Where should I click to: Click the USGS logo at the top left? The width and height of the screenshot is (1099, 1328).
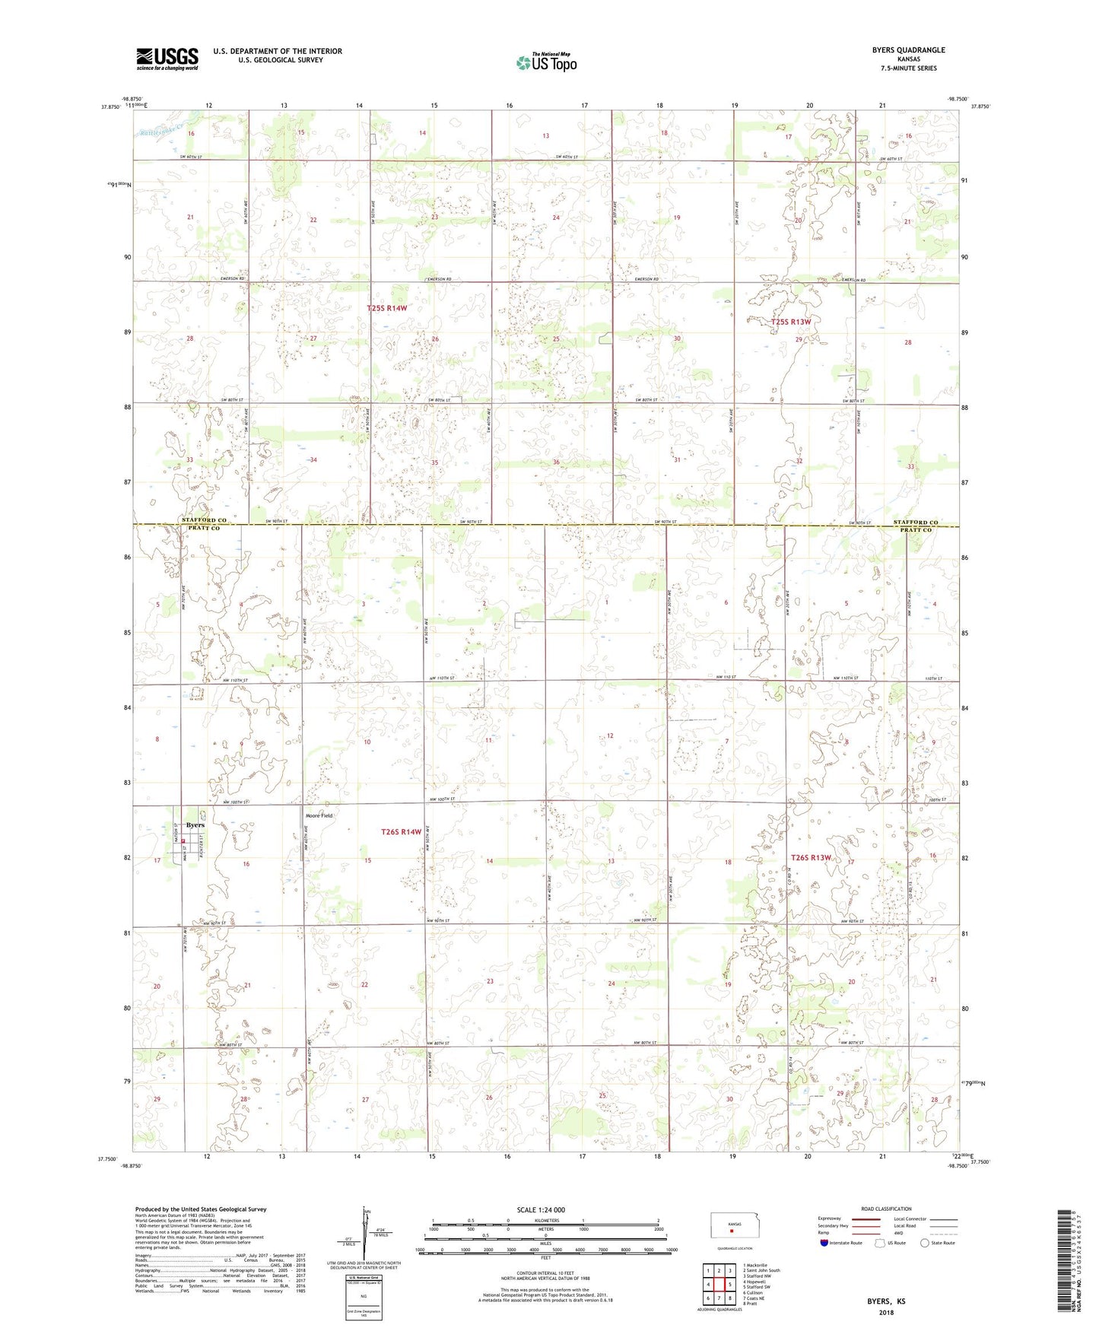click(x=167, y=59)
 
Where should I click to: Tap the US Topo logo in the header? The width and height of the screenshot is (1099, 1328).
click(x=545, y=62)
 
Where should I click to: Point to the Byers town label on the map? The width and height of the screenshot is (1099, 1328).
click(x=195, y=825)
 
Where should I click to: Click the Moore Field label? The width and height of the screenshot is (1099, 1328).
click(x=319, y=815)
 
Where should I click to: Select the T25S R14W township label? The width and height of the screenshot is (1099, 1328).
click(x=387, y=308)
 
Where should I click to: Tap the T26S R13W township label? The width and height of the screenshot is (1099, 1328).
click(x=811, y=857)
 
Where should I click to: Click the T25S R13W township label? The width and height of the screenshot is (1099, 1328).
click(x=791, y=322)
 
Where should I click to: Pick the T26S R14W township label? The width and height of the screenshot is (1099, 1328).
click(x=401, y=832)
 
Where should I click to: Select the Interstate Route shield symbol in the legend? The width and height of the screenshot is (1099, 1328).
click(x=825, y=1243)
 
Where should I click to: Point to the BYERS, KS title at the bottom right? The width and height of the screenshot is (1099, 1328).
click(x=886, y=1301)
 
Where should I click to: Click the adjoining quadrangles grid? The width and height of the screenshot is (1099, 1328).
click(x=719, y=1285)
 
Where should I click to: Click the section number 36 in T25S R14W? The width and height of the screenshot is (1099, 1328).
click(x=556, y=462)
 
